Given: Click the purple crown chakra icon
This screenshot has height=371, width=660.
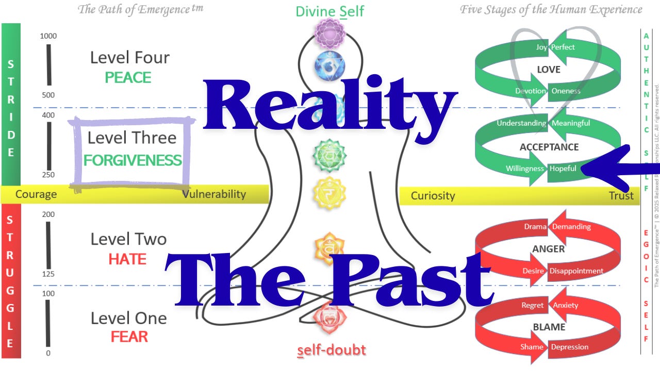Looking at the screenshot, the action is coord(329,33).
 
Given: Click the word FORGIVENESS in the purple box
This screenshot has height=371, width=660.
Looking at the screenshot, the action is coord(133,160).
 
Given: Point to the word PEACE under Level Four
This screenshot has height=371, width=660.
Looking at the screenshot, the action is coord(128,78).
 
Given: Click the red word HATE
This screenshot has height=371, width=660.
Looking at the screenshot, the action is coord(127,259).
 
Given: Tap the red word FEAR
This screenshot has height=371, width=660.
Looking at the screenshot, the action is coord(129,337).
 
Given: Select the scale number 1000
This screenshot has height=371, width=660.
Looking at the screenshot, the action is coord(48,36).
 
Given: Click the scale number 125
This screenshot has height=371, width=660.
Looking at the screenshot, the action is coord(48,274).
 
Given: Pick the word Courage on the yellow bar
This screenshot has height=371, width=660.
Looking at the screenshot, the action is coord(36,194).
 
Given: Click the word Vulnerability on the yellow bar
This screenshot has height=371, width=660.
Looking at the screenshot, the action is coord(214,194).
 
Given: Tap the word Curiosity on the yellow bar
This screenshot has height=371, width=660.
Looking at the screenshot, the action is coord(433,196).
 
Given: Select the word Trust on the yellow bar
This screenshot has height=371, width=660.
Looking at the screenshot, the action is coord(621,196).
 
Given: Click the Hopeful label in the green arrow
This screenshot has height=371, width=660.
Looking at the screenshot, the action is coord(563,168).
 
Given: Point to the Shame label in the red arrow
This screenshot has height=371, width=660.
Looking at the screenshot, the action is coord(532,347).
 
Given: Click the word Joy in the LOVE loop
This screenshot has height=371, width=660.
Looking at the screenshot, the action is coord(541,47).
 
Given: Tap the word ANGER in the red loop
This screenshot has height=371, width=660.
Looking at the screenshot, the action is coord(548,249).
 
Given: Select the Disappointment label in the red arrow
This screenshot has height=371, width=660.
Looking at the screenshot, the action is coord(576,271).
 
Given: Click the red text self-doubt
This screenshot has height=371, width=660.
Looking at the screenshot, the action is coord(332,350).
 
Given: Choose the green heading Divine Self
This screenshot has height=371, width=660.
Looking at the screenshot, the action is coord(330,11).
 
